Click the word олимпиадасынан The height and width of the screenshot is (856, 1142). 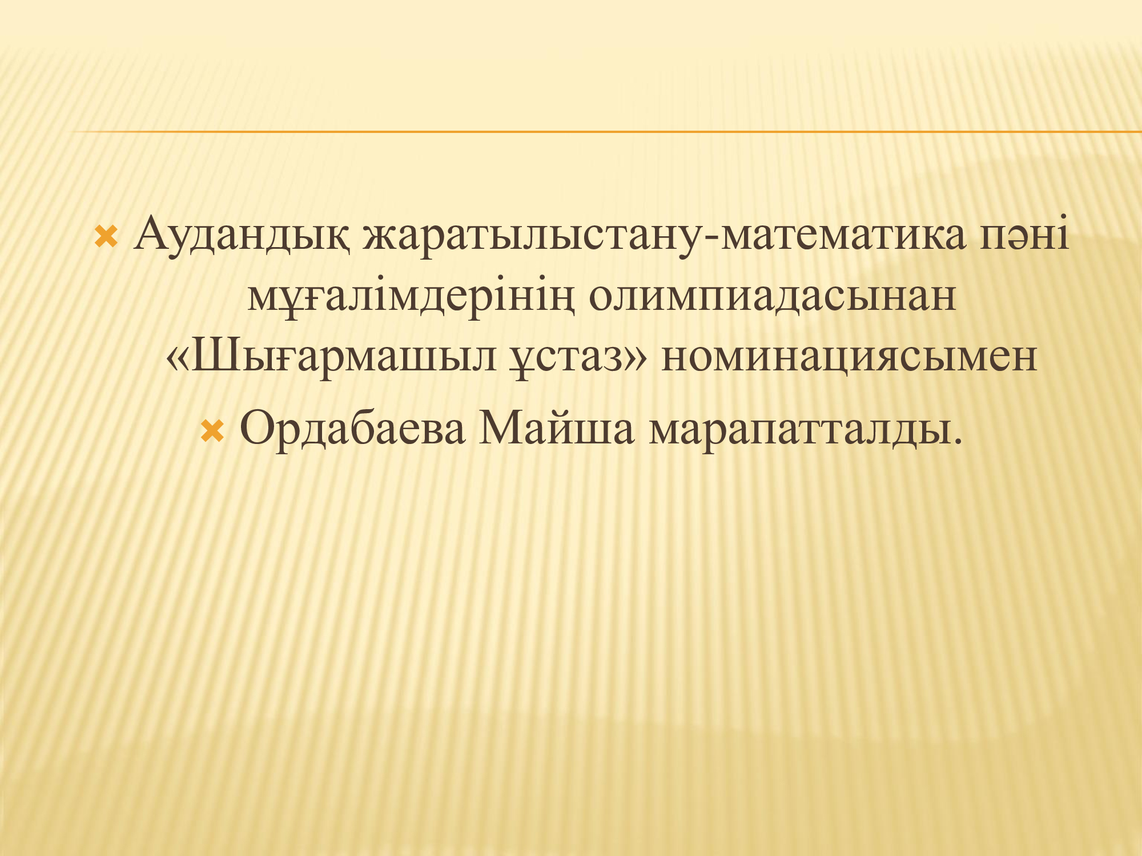click(x=772, y=297)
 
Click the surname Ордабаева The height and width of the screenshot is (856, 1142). click(x=352, y=428)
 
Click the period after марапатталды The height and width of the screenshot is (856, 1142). click(x=958, y=442)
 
